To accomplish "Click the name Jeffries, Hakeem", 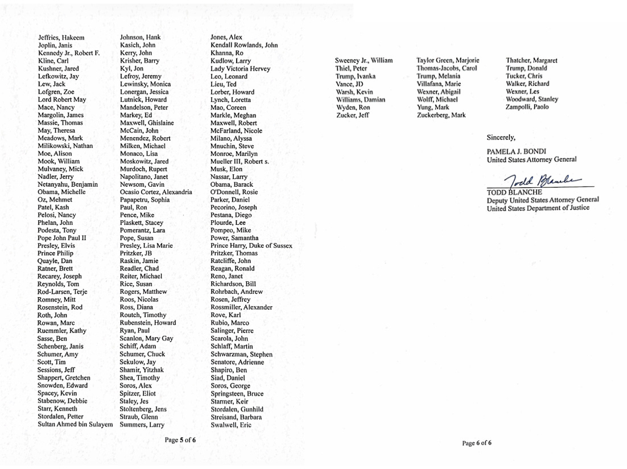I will click(61, 38).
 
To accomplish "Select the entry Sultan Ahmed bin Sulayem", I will click(75, 424).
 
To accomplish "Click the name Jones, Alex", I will click(226, 38).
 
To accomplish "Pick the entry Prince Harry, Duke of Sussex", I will click(251, 245).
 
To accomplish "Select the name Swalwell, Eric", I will click(230, 424).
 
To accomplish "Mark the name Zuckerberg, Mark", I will click(441, 115).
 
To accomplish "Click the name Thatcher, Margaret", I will click(531, 60).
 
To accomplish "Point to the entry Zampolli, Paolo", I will click(527, 106).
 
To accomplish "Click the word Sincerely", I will click(501, 137).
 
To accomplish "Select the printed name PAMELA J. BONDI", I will click(516, 151).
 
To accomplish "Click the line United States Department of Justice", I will click(538, 208).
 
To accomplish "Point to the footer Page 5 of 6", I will click(180, 439).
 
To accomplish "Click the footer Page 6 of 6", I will click(477, 443).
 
